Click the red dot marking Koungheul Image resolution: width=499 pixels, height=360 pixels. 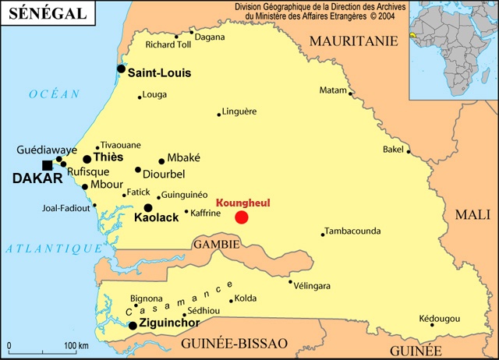(242, 217)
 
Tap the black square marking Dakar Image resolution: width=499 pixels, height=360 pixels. (48, 164)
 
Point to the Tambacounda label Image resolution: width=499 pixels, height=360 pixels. (352, 231)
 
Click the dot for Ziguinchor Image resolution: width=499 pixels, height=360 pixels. (133, 326)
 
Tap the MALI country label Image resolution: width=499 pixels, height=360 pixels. (472, 214)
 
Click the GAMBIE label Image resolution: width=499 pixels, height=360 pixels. (215, 243)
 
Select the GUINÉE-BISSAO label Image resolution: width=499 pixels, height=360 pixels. (234, 343)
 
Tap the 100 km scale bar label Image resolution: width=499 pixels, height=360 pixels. (76, 345)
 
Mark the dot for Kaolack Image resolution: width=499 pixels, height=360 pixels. (148, 208)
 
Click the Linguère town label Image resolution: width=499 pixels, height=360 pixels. (239, 111)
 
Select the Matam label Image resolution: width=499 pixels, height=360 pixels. (333, 90)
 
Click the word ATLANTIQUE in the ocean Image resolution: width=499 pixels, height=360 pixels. (53, 249)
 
